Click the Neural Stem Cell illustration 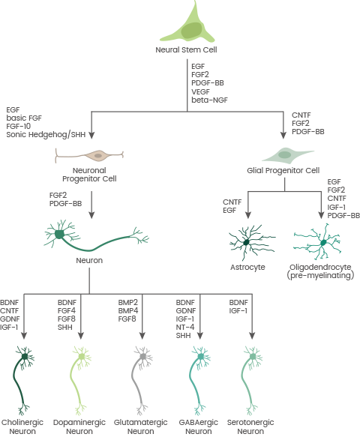[x=188, y=26]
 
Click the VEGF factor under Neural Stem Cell [x=200, y=91]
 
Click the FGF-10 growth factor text [x=19, y=126]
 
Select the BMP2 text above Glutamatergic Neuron [x=128, y=303]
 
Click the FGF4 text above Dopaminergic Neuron [x=67, y=311]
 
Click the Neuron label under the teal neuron [x=89, y=261]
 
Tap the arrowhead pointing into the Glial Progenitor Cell [x=283, y=136]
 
